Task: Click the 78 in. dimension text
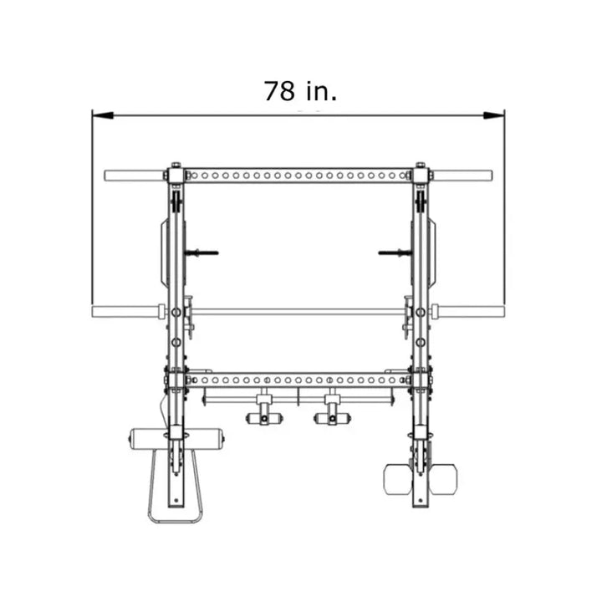300,91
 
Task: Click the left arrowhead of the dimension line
103,115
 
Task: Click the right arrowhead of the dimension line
494,115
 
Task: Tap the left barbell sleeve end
94,311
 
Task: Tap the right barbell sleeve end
503,311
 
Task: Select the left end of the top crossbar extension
106,176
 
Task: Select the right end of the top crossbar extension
491,176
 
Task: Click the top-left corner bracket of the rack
176,176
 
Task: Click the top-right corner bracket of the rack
421,176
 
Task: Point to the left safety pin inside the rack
202,253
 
